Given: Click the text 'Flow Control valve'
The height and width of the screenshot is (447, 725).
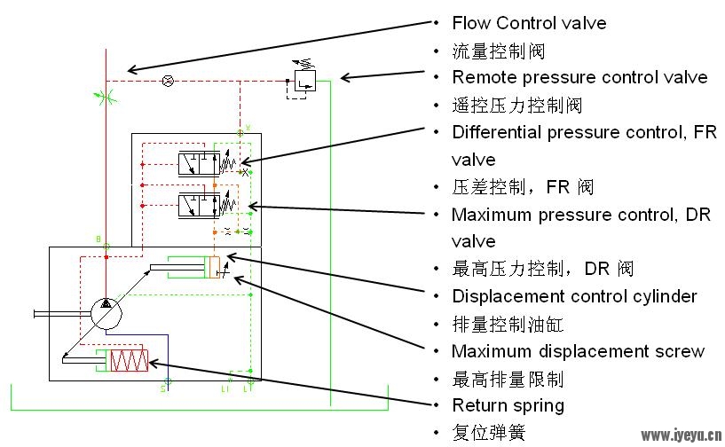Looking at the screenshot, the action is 529,23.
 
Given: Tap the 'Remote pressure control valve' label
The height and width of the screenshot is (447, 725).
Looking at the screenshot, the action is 579,77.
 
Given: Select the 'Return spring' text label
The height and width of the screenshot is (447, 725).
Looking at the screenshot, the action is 508,405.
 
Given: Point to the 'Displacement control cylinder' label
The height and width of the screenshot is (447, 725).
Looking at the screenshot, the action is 574,296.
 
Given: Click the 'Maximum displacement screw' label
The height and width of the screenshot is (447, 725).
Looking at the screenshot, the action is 578,351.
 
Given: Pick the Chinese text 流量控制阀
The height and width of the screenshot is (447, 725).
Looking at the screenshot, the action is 499,51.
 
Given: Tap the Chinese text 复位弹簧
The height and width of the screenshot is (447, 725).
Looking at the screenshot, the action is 489,433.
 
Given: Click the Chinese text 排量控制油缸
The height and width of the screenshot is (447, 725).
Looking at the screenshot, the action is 508,324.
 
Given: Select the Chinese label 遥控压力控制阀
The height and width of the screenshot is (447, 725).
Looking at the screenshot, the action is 517,106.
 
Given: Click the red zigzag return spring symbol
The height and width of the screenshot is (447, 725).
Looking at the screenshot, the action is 130,360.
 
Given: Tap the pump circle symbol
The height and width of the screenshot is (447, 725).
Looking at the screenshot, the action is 106,314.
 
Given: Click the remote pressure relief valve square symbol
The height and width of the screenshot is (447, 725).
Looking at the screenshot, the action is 305,81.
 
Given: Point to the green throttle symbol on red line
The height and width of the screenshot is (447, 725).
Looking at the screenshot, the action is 106,98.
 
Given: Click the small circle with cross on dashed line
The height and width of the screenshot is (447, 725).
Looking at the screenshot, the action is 169,82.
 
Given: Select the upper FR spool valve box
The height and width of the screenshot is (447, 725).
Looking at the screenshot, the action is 200,164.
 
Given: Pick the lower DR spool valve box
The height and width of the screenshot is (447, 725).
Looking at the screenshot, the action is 200,206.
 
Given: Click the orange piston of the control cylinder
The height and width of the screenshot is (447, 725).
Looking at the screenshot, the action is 214,267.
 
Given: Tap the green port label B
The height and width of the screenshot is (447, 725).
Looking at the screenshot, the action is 98,239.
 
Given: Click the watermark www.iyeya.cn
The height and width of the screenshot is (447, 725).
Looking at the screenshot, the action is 681,435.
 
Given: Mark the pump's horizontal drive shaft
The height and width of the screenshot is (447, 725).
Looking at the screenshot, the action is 62,314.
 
